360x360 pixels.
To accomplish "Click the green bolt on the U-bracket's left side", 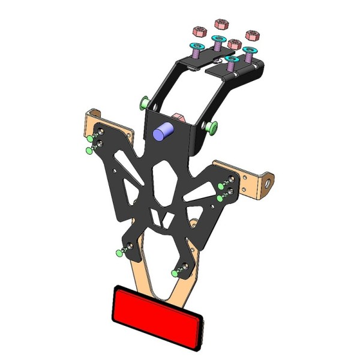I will tap(144, 103).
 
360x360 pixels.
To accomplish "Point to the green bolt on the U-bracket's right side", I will tap(211, 127).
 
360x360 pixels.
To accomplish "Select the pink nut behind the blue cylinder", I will tap(178, 115).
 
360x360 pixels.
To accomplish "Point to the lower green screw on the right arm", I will tap(220, 197).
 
